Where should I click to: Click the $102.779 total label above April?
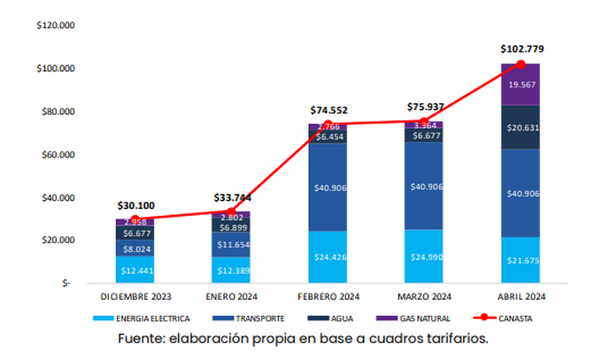click(521, 48)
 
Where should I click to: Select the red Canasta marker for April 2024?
click(521, 64)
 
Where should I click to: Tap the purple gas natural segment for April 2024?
click(521, 84)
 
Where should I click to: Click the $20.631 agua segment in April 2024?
click(521, 127)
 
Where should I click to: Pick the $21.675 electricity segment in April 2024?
click(521, 260)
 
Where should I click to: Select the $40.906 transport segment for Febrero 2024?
click(327, 187)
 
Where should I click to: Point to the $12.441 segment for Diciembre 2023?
click(135, 269)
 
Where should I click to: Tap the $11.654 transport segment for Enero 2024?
click(231, 245)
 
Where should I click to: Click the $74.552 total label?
click(327, 109)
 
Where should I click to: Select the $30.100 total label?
click(135, 205)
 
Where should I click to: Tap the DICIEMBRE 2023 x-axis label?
click(135, 297)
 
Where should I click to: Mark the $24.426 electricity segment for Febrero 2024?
click(327, 257)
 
